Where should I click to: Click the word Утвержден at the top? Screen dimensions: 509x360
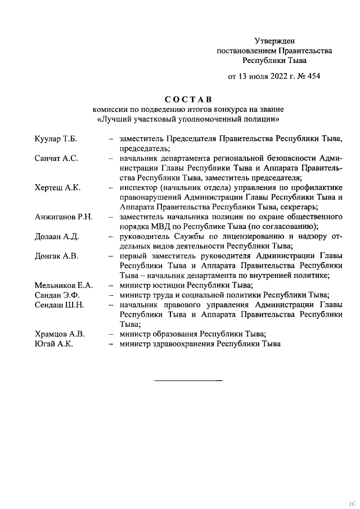274,40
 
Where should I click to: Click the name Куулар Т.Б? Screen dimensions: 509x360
55,139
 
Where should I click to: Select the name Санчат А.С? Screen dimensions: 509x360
56,159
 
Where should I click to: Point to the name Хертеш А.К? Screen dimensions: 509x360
57,187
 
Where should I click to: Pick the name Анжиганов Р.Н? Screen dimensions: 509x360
63,217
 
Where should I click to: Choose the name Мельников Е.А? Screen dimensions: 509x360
63,285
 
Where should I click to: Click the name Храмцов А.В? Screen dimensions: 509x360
59,334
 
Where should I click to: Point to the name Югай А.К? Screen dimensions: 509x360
53,343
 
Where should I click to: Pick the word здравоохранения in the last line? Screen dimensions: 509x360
182,343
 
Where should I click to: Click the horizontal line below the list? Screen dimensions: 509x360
188,381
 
